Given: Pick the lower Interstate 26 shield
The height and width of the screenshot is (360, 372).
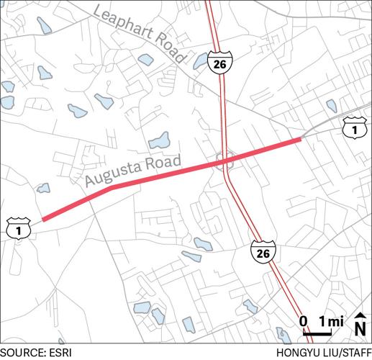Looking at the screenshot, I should [x=263, y=253].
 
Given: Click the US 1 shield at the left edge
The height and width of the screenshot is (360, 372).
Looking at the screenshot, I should [x=15, y=229].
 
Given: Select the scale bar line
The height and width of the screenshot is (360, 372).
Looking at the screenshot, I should [x=317, y=334].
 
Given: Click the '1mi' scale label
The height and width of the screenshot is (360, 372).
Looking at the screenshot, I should [x=330, y=321].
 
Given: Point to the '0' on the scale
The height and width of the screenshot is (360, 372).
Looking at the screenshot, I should [x=303, y=321].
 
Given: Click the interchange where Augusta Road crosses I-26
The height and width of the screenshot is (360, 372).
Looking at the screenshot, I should [x=226, y=161].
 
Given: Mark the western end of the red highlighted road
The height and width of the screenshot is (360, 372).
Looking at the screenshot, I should [x=42, y=220].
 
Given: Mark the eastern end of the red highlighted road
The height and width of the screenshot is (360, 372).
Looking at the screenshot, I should [x=300, y=140].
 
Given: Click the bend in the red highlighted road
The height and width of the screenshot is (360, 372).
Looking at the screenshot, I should [x=110, y=189].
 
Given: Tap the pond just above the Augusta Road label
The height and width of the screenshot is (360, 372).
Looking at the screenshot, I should [x=159, y=140].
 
